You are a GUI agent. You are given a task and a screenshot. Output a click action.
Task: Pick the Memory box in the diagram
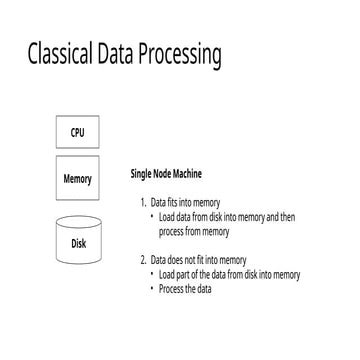77,179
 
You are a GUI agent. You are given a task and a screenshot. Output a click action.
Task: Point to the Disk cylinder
77,241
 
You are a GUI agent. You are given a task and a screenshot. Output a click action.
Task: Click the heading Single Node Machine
171,173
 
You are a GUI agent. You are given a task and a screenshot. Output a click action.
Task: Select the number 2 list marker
143,260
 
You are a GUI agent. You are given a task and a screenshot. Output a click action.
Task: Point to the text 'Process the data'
185,289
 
